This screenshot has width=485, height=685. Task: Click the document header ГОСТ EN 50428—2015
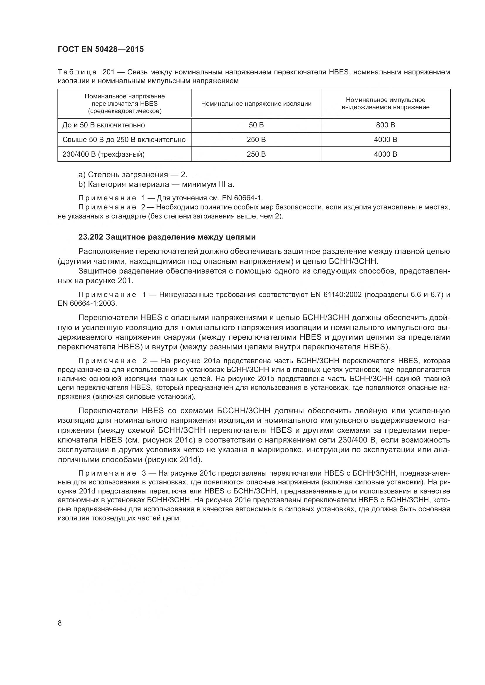click(x=101, y=49)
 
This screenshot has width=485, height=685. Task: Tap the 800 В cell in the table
click(x=385, y=125)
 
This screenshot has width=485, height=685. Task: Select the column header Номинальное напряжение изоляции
click(x=256, y=103)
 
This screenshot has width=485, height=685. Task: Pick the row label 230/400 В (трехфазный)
click(x=103, y=154)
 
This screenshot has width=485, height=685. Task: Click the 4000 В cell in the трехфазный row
click(x=385, y=154)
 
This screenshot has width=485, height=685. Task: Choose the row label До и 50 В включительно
click(x=103, y=125)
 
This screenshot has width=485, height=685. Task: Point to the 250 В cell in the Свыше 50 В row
click(x=256, y=140)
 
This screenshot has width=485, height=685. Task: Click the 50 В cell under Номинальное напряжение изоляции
click(x=256, y=125)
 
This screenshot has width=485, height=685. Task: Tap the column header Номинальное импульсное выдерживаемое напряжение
click(x=385, y=103)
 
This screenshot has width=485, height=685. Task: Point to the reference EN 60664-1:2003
click(x=87, y=303)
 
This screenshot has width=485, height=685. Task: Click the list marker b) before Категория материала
click(x=82, y=185)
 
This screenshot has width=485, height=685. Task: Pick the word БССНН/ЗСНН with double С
click(x=243, y=411)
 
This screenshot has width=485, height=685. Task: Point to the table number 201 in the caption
click(x=109, y=72)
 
